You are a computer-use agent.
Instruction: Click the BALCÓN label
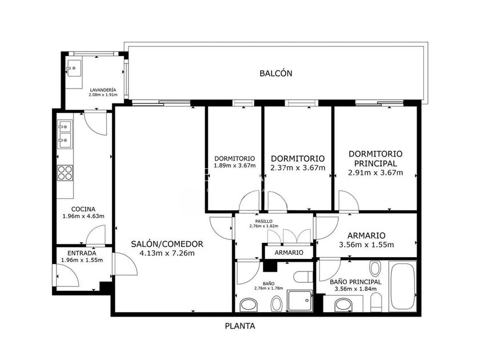pos(276,73)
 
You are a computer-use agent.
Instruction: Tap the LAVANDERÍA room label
pos(103,90)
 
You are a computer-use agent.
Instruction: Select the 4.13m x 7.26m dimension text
pos(167,253)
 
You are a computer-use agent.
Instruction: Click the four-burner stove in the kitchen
pos(65,173)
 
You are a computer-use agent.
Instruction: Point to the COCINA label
pos(83,209)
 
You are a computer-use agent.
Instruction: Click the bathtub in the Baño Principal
pos(402,286)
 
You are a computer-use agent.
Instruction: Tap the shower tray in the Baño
pos(299,301)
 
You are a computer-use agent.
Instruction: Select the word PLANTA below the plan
pos(240,326)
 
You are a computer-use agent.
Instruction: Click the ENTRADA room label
pos(82,253)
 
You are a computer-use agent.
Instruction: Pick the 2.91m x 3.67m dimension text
pos(375,173)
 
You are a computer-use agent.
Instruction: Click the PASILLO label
pos(263,221)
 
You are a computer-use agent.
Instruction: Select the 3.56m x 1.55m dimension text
pos(366,245)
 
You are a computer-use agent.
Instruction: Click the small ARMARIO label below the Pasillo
pos(289,253)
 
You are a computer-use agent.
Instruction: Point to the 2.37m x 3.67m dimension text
pos(298,168)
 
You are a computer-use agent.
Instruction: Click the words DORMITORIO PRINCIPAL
pos(375,159)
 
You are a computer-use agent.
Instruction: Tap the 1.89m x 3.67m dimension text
pos(234,166)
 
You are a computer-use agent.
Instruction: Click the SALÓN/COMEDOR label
pos(167,244)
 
